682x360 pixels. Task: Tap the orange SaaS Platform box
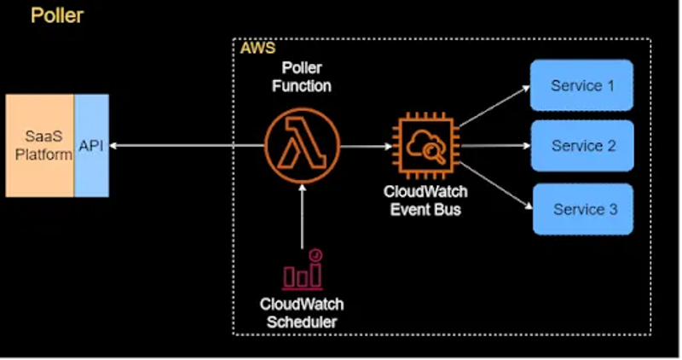click(x=39, y=145)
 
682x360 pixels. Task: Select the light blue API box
click(x=91, y=145)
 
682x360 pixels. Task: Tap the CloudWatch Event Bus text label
click(x=425, y=201)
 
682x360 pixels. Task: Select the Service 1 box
click(x=581, y=85)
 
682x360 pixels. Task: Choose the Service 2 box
click(x=582, y=146)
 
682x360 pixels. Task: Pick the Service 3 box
click(x=583, y=209)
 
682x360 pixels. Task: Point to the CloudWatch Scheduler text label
click(x=302, y=312)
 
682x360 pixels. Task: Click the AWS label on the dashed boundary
click(x=256, y=48)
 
